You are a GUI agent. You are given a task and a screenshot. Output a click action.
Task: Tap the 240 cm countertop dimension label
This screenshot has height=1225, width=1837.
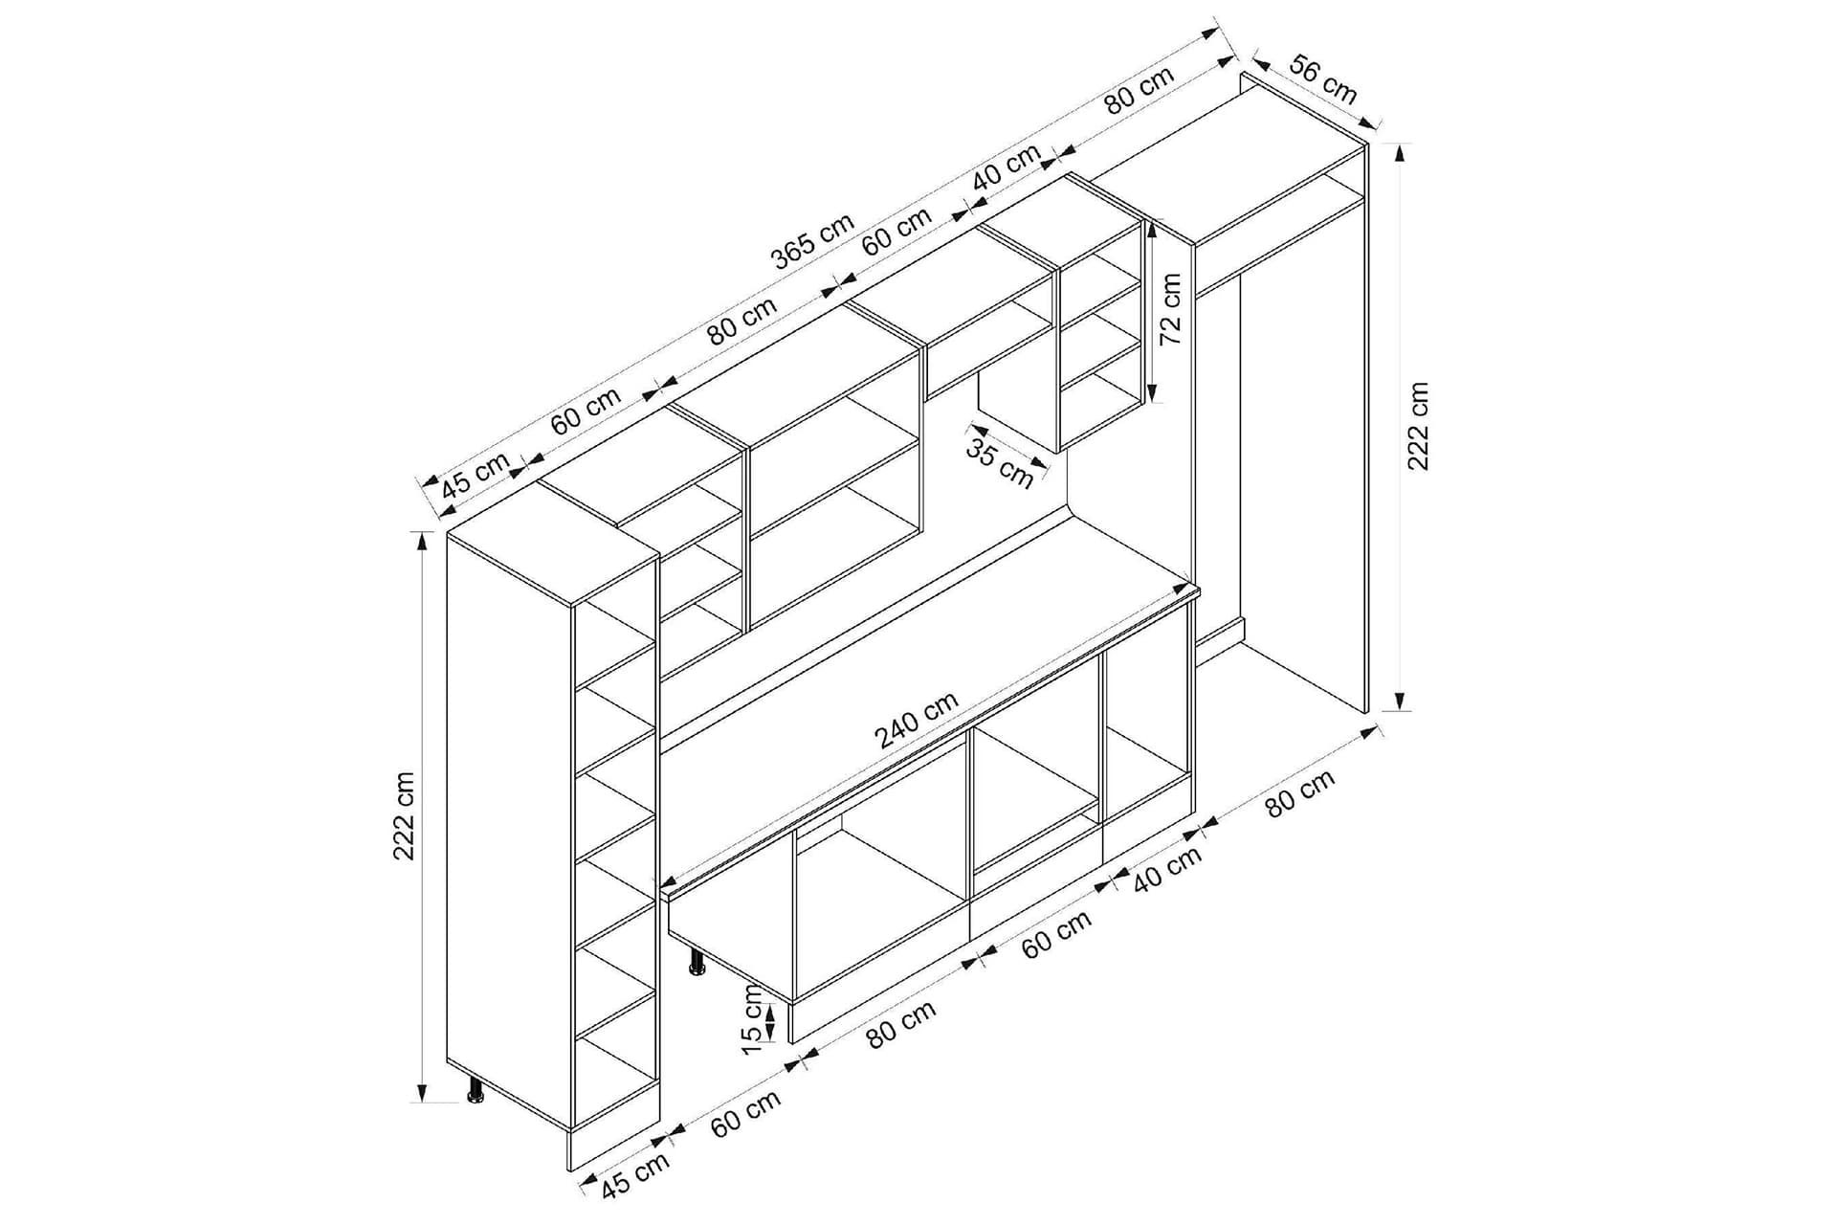click(x=916, y=720)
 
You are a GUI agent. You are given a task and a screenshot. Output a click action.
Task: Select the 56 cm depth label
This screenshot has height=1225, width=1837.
click(x=1323, y=79)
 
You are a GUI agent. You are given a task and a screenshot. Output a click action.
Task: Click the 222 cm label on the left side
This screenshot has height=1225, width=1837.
click(x=405, y=815)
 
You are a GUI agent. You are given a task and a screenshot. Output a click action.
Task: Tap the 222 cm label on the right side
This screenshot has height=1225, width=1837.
click(x=1418, y=426)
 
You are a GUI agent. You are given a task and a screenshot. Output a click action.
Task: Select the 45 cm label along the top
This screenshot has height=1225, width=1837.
click(x=476, y=474)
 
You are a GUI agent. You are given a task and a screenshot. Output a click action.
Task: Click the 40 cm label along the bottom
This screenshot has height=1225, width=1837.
click(x=1166, y=870)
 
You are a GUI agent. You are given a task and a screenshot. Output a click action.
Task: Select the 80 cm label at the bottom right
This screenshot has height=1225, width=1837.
click(x=1299, y=793)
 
